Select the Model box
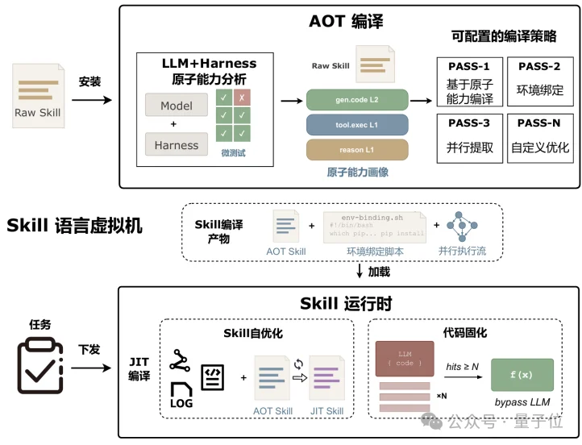[x=177, y=106]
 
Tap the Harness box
[x=177, y=145]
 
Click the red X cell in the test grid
[x=242, y=98]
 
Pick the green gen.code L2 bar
[x=357, y=101]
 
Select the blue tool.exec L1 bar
[x=357, y=125]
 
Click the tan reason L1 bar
[x=357, y=150]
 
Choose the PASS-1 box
[x=469, y=83]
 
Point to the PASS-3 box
[x=469, y=138]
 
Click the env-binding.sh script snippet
[x=375, y=227]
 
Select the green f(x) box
[x=522, y=374]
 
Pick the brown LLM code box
[x=405, y=359]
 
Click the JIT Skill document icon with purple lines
[x=328, y=379]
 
